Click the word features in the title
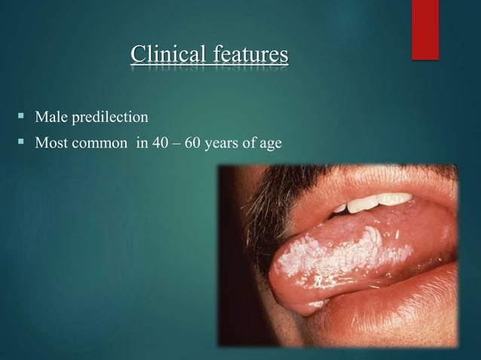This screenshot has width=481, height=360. [248, 55]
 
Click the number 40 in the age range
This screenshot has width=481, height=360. [161, 141]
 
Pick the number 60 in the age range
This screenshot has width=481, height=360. [193, 141]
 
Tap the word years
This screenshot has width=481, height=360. [222, 141]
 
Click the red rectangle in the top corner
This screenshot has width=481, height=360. [425, 29]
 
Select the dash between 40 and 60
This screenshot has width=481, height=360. [177, 141]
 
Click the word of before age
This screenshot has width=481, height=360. [250, 141]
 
